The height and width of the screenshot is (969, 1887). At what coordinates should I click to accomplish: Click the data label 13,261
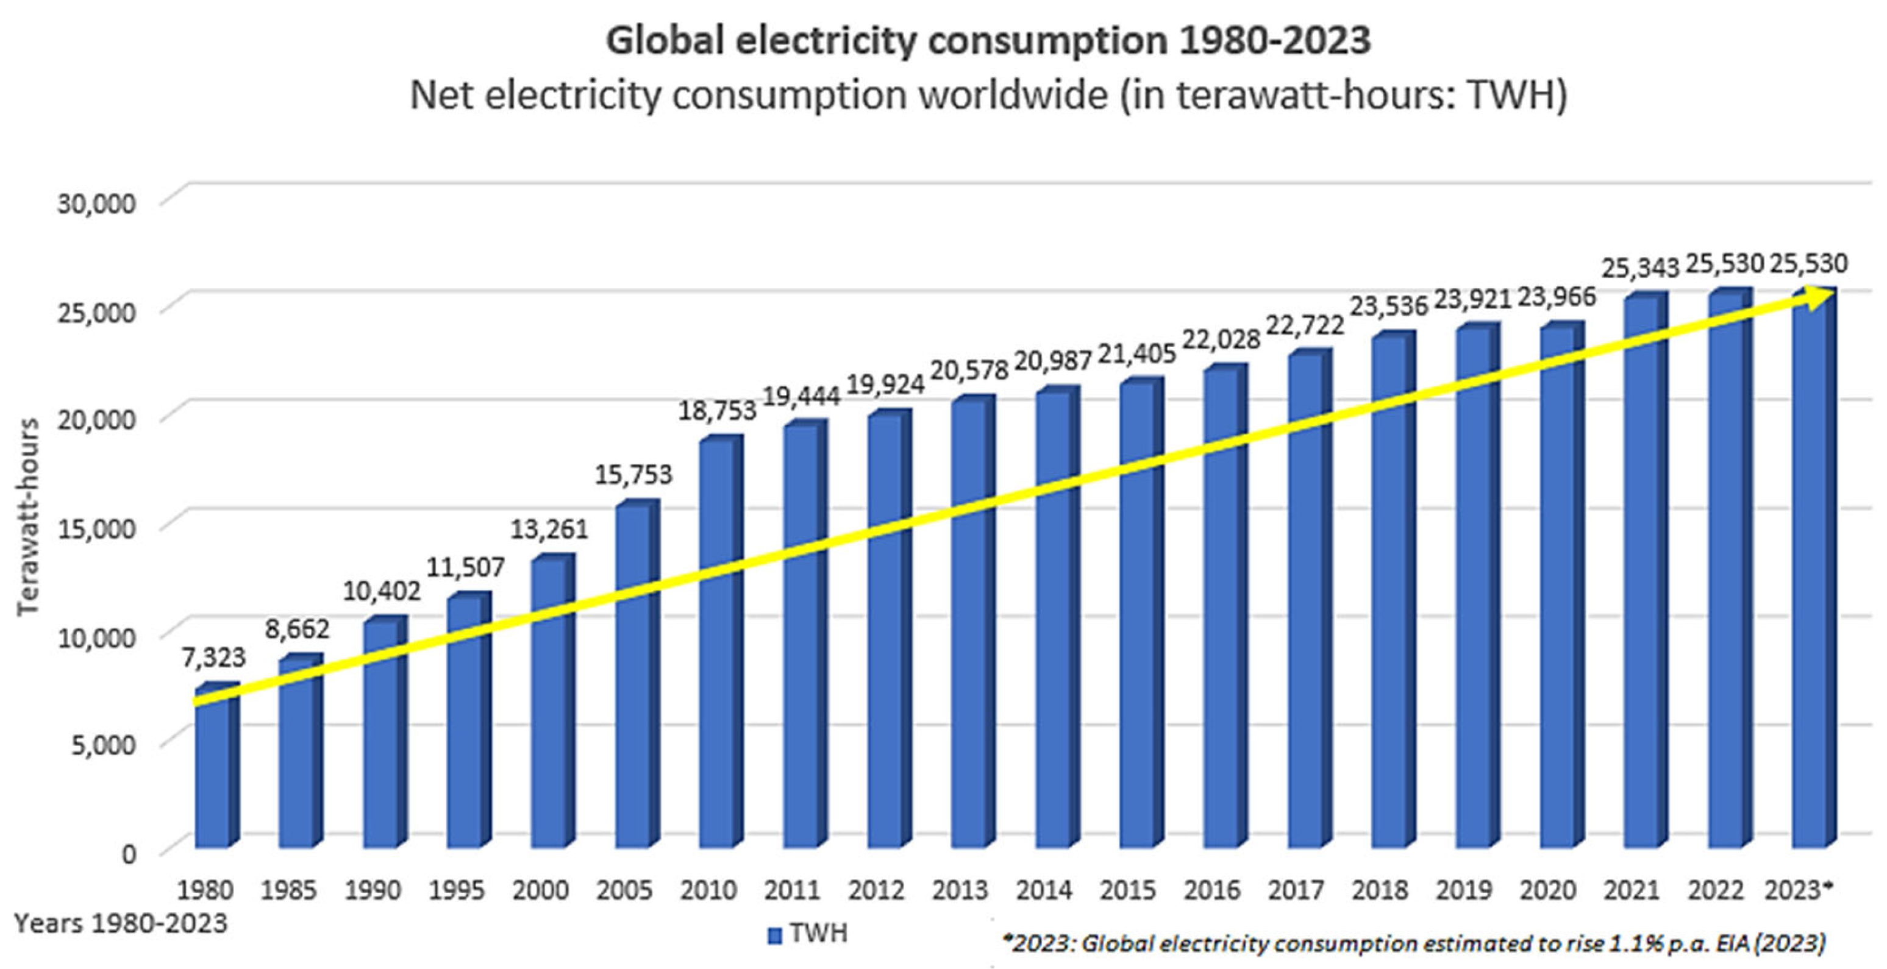(549, 529)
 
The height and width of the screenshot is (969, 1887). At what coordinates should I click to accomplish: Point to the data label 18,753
(716, 411)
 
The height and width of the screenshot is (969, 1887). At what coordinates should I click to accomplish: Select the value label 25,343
(1639, 269)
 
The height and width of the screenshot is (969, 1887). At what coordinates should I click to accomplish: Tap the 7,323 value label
(213, 658)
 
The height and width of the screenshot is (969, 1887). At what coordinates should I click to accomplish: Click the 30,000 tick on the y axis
(97, 204)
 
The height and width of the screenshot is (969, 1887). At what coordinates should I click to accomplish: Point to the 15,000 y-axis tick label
(97, 528)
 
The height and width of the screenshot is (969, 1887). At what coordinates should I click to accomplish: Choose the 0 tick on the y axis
(129, 854)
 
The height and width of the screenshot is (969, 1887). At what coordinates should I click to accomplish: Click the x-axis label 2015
(1127, 890)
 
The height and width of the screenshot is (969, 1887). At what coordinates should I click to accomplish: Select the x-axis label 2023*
(1799, 890)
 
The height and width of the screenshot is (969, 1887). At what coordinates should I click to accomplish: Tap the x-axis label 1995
(457, 890)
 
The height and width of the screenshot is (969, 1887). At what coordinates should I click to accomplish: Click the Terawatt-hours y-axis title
(28, 516)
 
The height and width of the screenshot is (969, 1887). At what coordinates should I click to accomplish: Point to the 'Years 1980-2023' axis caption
(121, 923)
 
